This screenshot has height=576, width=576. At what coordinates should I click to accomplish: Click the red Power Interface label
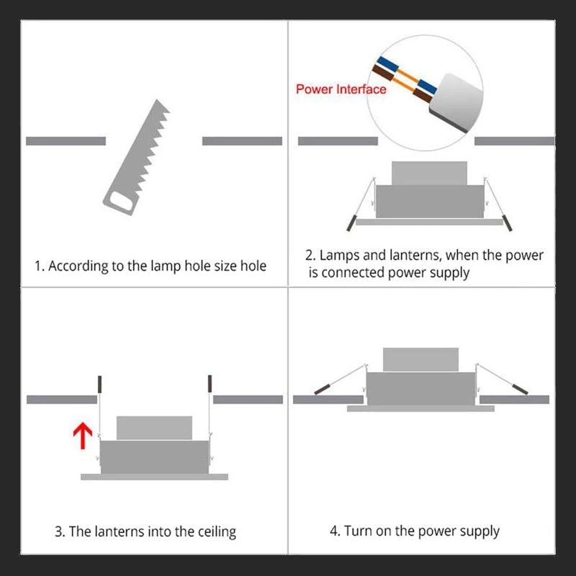coord(341,89)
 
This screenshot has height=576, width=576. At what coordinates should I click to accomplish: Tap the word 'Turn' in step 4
coord(358,531)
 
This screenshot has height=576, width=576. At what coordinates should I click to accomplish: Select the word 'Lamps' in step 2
coord(338,255)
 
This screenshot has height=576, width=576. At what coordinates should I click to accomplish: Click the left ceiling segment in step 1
coord(66,141)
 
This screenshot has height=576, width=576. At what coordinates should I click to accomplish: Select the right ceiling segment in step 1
coord(242,141)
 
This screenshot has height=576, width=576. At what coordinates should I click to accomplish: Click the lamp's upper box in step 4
coord(420,359)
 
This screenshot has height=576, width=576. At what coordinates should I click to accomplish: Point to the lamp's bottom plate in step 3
coord(154,477)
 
